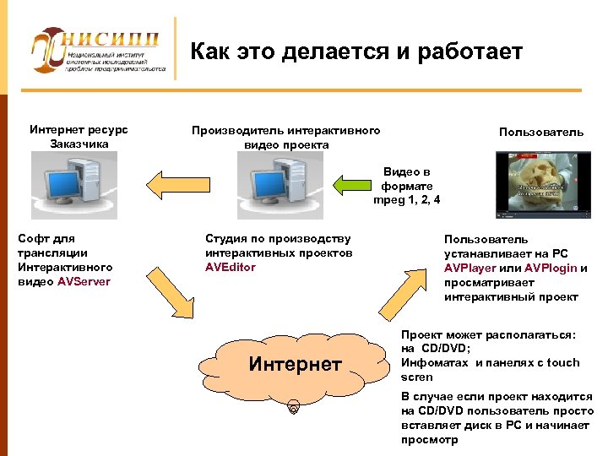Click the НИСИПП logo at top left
[97, 51]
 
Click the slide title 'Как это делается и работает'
[356, 52]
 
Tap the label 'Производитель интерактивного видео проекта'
[285, 137]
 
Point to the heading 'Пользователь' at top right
[540, 132]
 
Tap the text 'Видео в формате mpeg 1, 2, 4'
[406, 186]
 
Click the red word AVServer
[84, 281]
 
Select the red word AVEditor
[230, 267]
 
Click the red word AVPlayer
[474, 268]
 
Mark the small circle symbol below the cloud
[293, 411]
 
